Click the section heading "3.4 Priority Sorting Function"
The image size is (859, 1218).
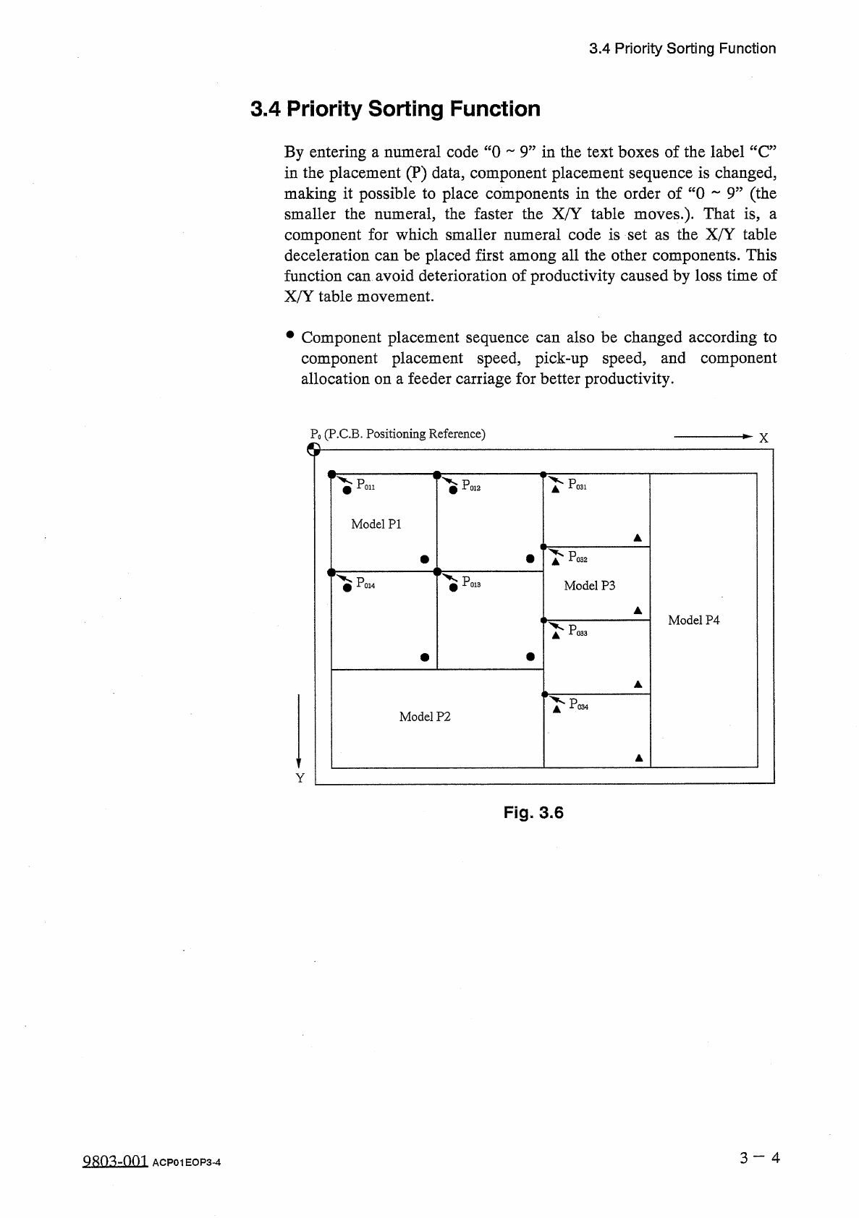click(395, 109)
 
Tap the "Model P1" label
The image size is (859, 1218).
click(376, 524)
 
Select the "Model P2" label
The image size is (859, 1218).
click(425, 717)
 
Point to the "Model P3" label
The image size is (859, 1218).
click(589, 586)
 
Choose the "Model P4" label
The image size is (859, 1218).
click(693, 621)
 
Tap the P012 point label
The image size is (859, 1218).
click(471, 486)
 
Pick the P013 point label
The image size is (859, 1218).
click(471, 582)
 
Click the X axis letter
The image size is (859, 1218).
click(763, 438)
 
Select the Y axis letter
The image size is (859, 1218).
click(300, 778)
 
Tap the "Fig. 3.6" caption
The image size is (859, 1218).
click(533, 813)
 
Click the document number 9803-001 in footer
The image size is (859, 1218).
click(116, 1162)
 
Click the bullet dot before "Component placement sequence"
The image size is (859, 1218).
click(290, 336)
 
